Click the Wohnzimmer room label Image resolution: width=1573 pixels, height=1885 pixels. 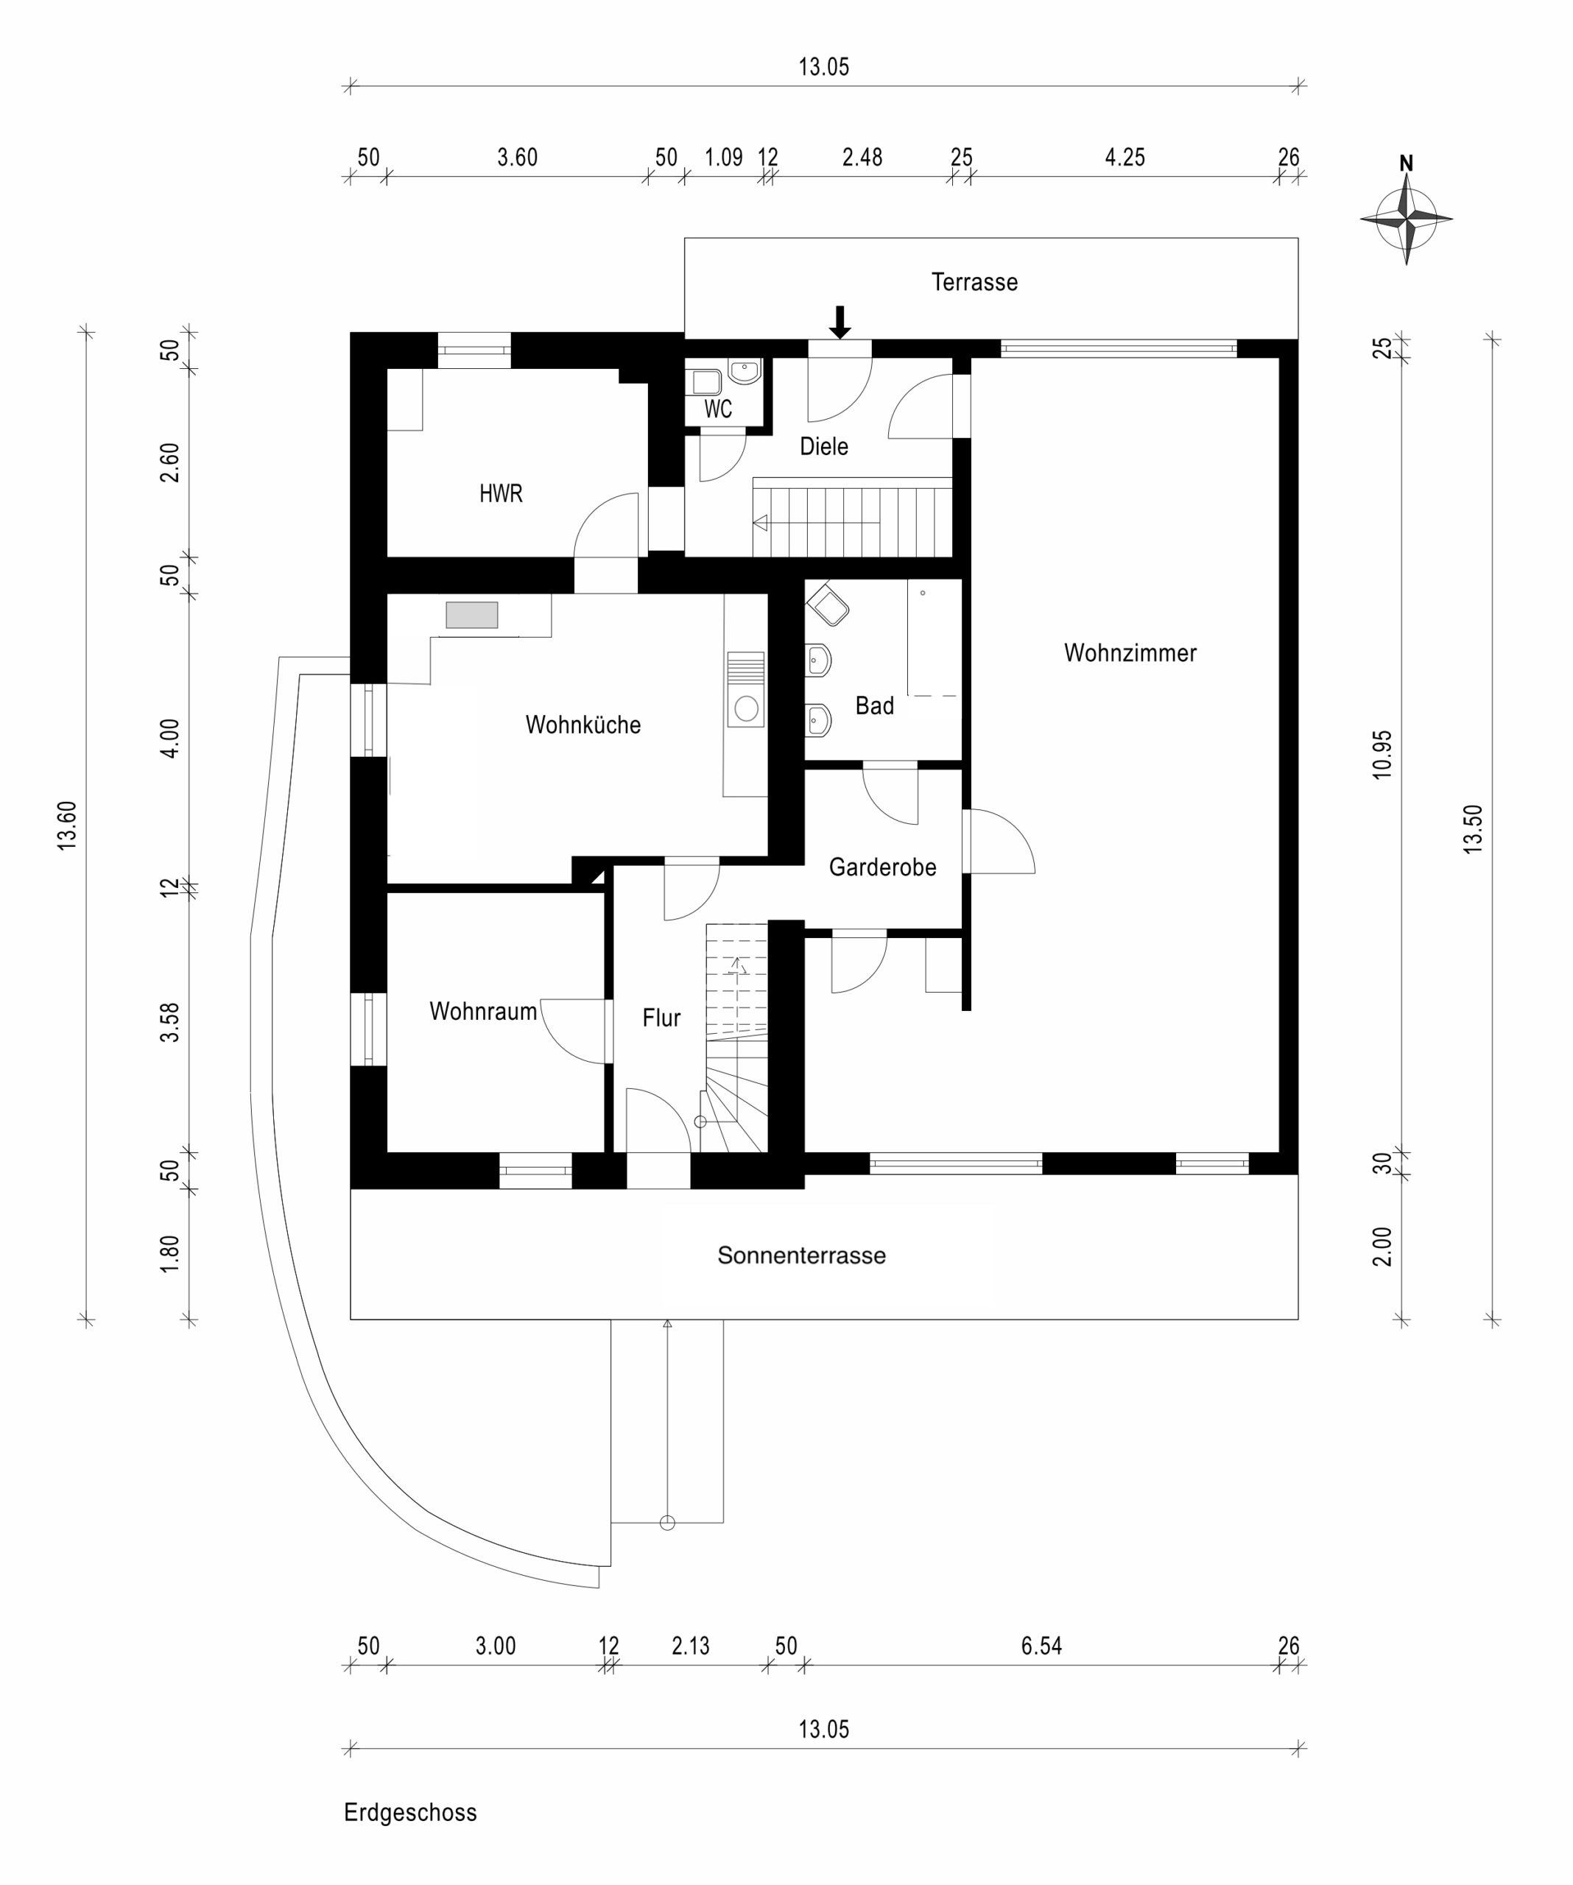[x=1130, y=652]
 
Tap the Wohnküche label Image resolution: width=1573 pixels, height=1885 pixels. [x=583, y=725]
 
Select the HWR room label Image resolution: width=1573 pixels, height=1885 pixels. [x=500, y=493]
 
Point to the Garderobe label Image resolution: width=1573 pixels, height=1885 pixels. [x=881, y=867]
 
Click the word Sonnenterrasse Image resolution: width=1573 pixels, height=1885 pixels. [x=801, y=1255]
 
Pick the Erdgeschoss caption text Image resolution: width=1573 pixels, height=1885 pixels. [x=410, y=1812]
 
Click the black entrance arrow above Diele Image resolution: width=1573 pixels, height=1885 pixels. [x=840, y=323]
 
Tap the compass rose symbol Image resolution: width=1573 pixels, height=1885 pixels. [x=1406, y=217]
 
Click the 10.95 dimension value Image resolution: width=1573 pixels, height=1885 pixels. [x=1383, y=754]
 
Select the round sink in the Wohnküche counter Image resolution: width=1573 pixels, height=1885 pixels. [x=746, y=709]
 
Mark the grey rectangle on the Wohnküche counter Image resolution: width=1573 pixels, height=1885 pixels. [x=471, y=615]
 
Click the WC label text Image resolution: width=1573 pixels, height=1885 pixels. [x=717, y=409]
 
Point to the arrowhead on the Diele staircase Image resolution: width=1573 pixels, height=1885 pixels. [x=761, y=522]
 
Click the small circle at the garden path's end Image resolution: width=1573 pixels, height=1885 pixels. [x=667, y=1523]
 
